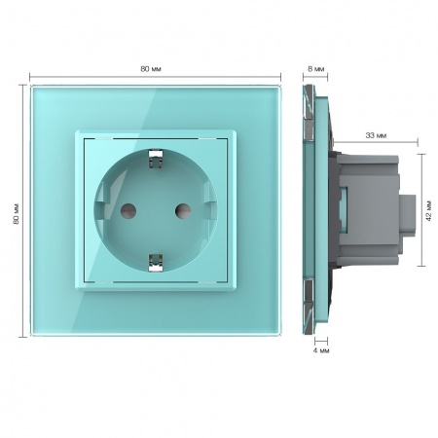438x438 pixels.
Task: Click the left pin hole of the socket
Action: pyautogui.click(x=128, y=211)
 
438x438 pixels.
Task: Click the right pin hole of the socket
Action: pyautogui.click(x=183, y=211)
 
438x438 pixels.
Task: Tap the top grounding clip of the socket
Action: pyautogui.click(x=156, y=160)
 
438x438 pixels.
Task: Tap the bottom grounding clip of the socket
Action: pyautogui.click(x=156, y=262)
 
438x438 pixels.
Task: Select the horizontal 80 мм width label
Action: pyautogui.click(x=151, y=69)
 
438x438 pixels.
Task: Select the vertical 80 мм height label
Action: pyautogui.click(x=17, y=214)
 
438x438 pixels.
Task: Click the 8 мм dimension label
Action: pyautogui.click(x=315, y=69)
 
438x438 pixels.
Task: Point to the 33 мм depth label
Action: pyautogui.click(x=376, y=135)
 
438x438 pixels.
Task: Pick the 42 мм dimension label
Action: pyautogui.click(x=429, y=211)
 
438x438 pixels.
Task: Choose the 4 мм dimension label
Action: pyautogui.click(x=321, y=350)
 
